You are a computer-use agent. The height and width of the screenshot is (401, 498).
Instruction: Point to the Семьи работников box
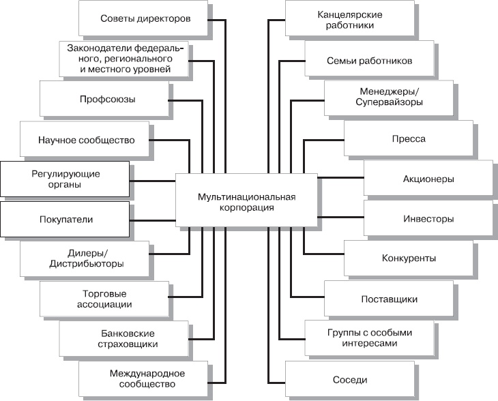(369, 59)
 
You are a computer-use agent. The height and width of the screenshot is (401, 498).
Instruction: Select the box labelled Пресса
(409, 139)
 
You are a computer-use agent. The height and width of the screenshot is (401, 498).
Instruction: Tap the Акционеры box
(428, 179)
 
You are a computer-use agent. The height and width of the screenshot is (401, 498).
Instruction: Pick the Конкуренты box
(409, 258)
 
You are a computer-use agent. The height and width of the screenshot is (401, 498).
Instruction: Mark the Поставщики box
(389, 299)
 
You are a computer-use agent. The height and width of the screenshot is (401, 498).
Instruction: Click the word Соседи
(351, 380)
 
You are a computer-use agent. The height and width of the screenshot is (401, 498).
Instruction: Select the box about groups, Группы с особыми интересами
(369, 339)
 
